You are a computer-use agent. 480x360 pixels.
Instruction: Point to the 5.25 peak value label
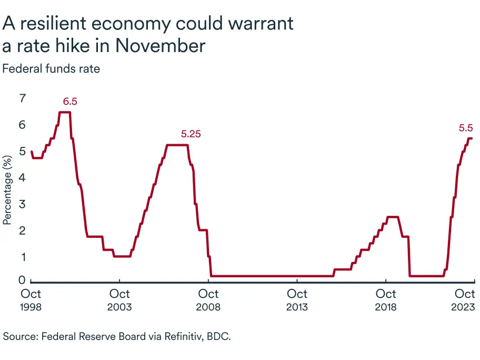[191, 134]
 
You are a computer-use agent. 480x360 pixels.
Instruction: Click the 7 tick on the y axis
[22, 98]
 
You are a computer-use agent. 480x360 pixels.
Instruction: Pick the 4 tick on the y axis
[22, 177]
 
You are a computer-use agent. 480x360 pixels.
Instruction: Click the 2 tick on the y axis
[22, 230]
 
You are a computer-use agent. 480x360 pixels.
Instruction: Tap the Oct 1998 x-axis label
[31, 299]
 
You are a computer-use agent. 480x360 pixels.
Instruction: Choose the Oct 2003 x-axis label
[120, 299]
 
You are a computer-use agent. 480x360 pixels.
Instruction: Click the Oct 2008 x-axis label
[209, 299]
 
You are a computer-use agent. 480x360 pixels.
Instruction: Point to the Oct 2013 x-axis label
[298, 299]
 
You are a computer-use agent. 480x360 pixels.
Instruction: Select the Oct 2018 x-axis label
[387, 299]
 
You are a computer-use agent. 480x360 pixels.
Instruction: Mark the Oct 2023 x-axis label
[465, 299]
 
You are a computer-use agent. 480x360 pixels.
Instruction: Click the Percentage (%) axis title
[7, 189]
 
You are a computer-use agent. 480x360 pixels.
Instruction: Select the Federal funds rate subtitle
[51, 68]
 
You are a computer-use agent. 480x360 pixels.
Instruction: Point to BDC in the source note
[221, 335]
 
